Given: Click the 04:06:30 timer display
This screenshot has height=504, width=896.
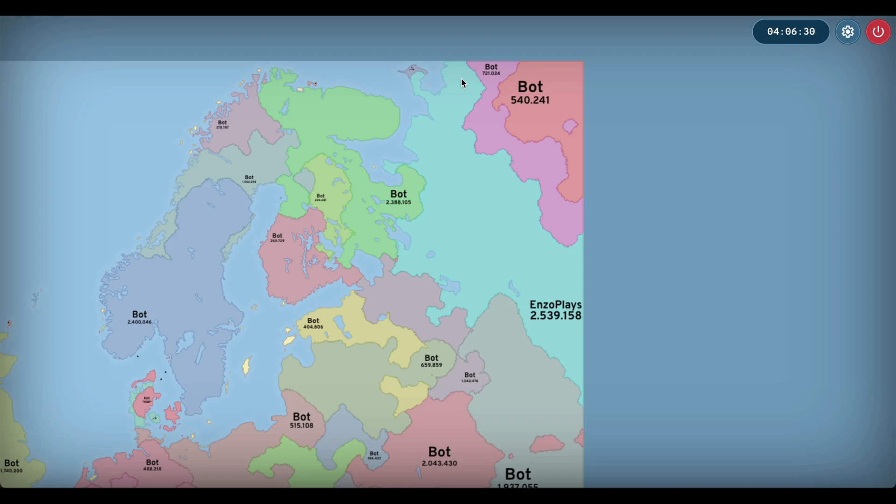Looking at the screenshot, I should coord(791,32).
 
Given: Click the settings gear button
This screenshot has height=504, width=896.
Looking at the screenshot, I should coord(847,32).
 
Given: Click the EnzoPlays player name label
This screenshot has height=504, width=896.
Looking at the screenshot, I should coord(555,305).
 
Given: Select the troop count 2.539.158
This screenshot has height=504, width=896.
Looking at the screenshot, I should coord(555,316).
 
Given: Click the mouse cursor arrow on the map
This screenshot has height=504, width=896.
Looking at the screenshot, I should coord(463,84).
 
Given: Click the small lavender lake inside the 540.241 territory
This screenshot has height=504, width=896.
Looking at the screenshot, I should coord(570,126).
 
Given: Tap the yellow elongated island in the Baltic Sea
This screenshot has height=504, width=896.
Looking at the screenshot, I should coord(246,366).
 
